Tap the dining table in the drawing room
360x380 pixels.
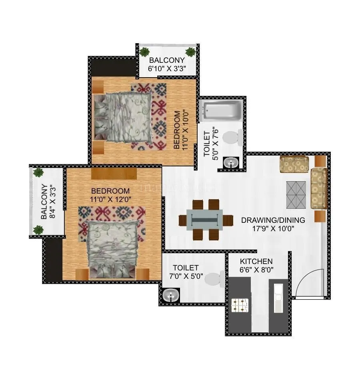[x=206, y=220]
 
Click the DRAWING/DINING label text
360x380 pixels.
[x=273, y=220]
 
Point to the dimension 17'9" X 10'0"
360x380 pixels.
[x=273, y=229]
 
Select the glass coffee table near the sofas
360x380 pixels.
[x=296, y=194]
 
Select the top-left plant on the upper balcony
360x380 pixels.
[x=144, y=51]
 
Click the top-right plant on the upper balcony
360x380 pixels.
[x=190, y=52]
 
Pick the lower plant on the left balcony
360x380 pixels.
[x=38, y=230]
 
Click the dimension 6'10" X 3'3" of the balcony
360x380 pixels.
[x=167, y=68]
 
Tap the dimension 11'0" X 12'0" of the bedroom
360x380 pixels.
[x=110, y=198]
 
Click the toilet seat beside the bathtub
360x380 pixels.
[x=229, y=138]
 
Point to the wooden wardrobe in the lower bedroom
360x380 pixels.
[x=114, y=174]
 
